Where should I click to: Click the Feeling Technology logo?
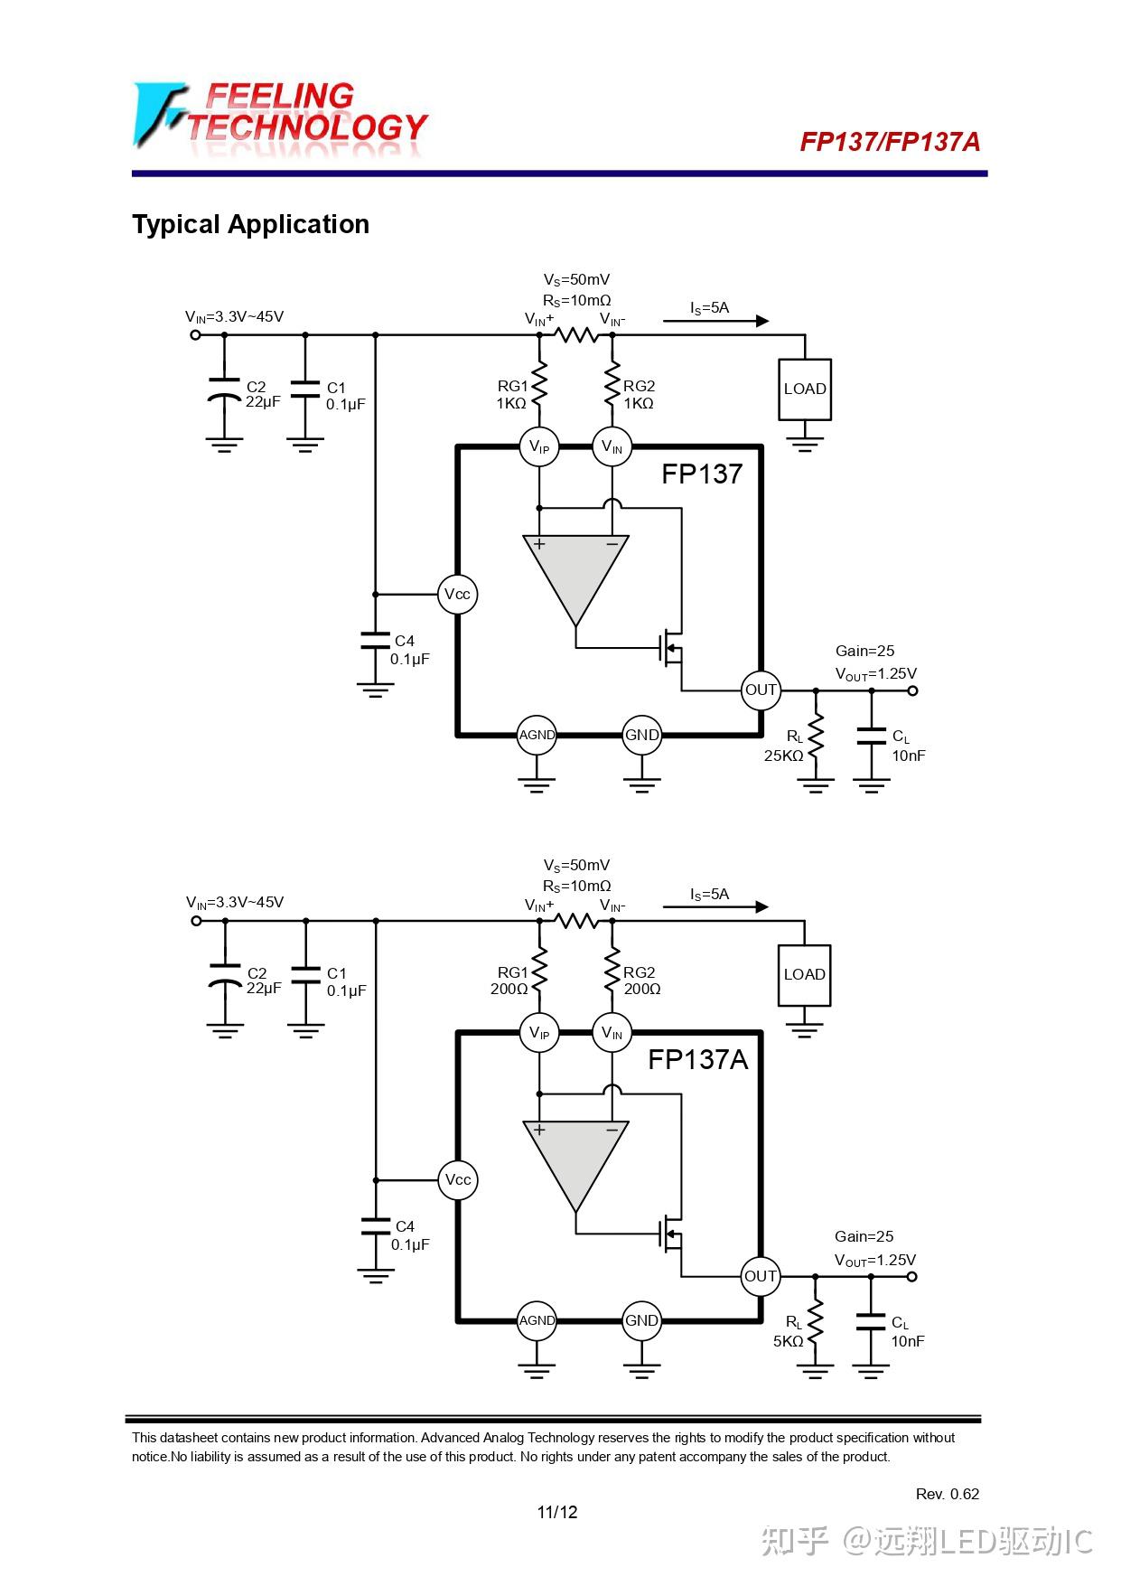[280, 116]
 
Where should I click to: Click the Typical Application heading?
[250, 224]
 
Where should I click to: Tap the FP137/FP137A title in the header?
[889, 142]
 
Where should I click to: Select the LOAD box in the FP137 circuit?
[804, 389]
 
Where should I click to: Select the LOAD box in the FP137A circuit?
[804, 974]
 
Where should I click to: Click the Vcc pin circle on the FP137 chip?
[457, 595]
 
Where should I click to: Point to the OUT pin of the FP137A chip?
[760, 1276]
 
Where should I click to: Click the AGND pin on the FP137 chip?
[537, 735]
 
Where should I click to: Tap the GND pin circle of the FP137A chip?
[641, 1320]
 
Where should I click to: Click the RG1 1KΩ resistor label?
[511, 395]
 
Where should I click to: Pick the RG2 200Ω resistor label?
[640, 981]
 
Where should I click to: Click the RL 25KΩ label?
[784, 746]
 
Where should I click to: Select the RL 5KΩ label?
[789, 1332]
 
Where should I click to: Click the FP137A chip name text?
[697, 1059]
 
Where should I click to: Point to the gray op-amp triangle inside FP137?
[575, 569]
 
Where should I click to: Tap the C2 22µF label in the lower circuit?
[262, 981]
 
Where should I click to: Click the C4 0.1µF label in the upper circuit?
[408, 650]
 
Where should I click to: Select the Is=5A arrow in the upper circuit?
[715, 320]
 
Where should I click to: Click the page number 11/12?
[557, 1512]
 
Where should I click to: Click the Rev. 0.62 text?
[947, 1494]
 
